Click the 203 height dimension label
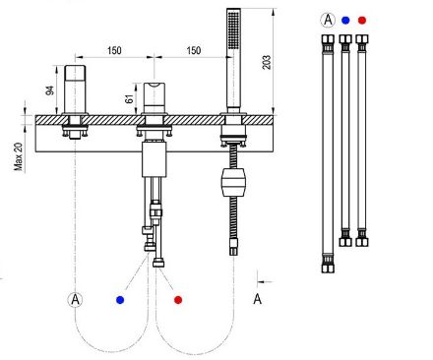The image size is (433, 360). pyautogui.click(x=267, y=62)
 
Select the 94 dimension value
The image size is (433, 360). pyautogui.click(x=49, y=90)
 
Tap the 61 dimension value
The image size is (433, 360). pyautogui.click(x=130, y=98)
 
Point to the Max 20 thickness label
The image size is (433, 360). pyautogui.click(x=19, y=156)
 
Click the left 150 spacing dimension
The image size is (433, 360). pyautogui.click(x=114, y=50)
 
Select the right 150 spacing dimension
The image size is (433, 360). pyautogui.click(x=194, y=50)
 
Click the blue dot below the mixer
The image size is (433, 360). pyautogui.click(x=120, y=300)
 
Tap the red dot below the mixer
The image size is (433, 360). pyautogui.click(x=178, y=300)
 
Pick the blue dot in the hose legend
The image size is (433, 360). pyautogui.click(x=345, y=21)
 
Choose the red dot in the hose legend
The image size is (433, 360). pyautogui.click(x=362, y=21)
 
